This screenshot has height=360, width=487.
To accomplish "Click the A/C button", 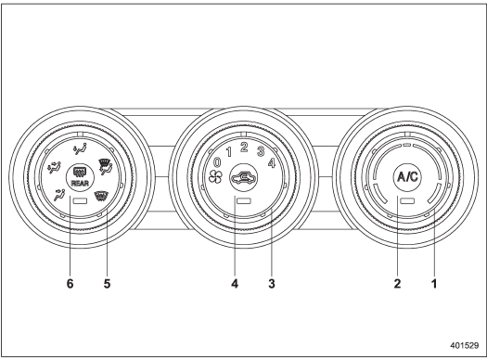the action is click(408, 177).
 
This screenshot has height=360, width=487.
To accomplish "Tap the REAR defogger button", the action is click(80, 177).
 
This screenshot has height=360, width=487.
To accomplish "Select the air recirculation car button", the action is click(244, 177).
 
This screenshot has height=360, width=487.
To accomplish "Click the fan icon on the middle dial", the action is click(215, 177).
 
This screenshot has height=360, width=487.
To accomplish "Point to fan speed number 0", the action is click(217, 162).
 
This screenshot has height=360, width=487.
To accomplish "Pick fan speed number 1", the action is click(229, 152).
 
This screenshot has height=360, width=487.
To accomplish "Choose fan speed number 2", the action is click(244, 147).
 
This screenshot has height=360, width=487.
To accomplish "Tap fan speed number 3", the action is click(261, 151).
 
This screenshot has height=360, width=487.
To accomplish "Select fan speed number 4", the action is click(272, 162).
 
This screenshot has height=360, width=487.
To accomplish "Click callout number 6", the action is click(70, 284).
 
